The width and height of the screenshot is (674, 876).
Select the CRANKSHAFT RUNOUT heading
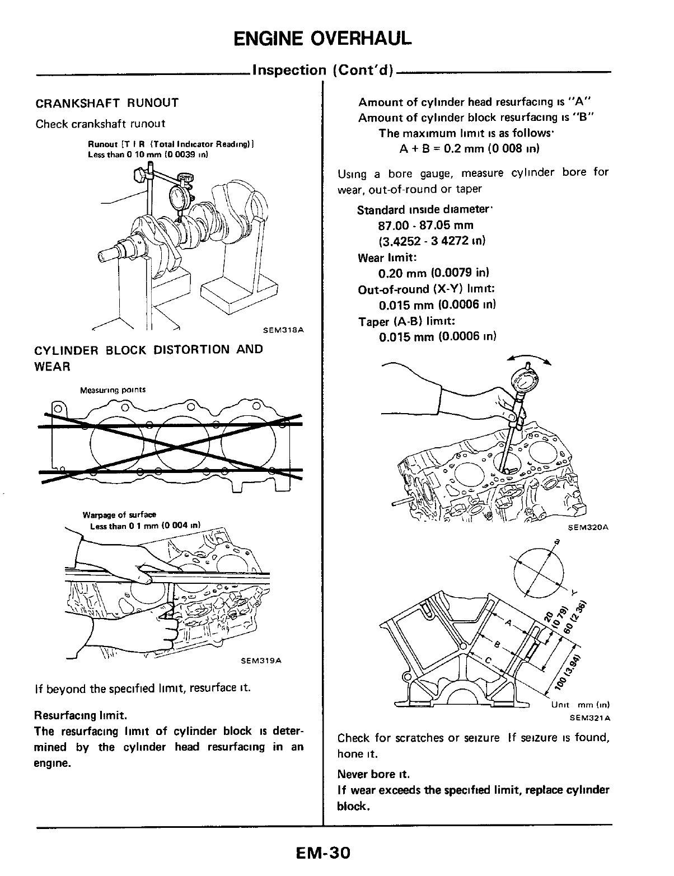point(107,103)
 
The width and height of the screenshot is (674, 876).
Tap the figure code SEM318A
point(283,330)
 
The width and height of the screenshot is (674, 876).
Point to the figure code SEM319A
point(260,661)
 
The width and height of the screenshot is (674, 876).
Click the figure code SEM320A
point(588,527)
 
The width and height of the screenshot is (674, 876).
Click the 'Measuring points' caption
point(113,390)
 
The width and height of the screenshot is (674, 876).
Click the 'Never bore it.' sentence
point(373,775)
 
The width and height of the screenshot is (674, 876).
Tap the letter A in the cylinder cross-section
point(508,622)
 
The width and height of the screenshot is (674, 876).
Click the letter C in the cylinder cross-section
point(488,661)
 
